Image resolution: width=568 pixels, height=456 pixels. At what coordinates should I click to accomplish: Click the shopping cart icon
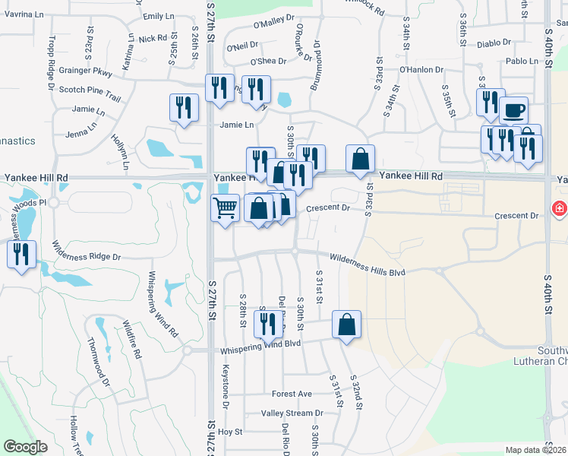[x=225, y=207]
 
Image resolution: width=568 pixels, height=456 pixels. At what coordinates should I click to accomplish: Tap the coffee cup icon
[x=513, y=110]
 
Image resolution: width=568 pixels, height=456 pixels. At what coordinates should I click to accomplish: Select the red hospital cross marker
[x=559, y=208]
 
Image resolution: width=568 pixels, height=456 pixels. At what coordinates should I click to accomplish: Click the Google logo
[x=25, y=447]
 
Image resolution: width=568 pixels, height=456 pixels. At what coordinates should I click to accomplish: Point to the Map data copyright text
[x=536, y=450]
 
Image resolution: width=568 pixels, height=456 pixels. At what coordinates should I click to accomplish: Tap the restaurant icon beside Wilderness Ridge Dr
[x=21, y=253]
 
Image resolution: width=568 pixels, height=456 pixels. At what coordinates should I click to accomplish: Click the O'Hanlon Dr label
[x=421, y=69]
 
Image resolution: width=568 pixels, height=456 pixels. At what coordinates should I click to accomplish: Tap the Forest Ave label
[x=292, y=394]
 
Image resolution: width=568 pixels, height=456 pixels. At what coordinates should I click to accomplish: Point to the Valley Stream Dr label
[x=292, y=413]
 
